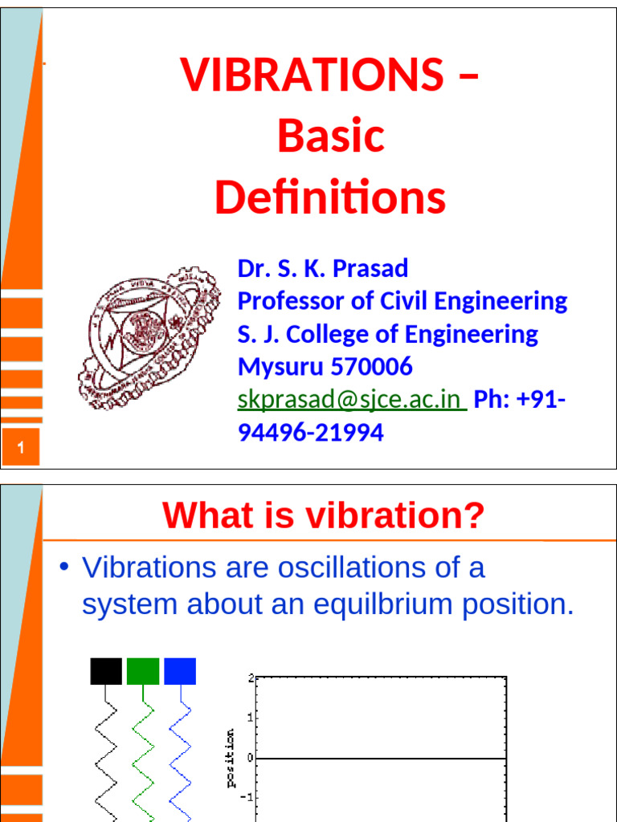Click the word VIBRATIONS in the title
click(x=310, y=75)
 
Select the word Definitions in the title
click(x=330, y=198)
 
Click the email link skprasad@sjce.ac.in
click(x=351, y=400)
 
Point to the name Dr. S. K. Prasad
click(x=323, y=268)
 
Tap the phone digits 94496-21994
click(x=311, y=433)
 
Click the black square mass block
click(x=106, y=671)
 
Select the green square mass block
click(x=143, y=671)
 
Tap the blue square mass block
click(x=180, y=671)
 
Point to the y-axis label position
click(x=231, y=758)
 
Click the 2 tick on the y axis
click(x=251, y=678)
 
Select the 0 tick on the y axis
click(x=251, y=758)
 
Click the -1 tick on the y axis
click(x=248, y=797)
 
